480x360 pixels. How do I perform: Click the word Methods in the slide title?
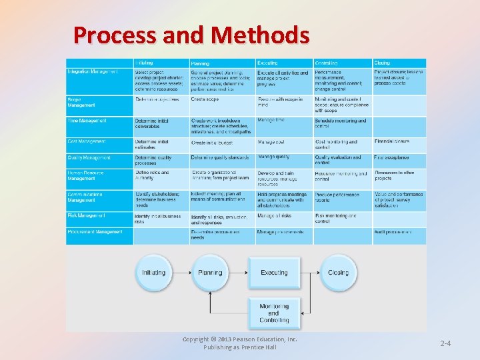(269, 35)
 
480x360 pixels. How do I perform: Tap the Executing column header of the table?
(268, 63)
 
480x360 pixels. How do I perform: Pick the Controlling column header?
(327, 63)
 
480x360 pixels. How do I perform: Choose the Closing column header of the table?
(382, 63)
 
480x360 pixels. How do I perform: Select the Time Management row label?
(87, 121)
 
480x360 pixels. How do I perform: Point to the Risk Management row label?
(87, 216)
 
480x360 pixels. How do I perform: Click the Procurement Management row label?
(95, 232)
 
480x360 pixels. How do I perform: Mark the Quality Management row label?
(89, 158)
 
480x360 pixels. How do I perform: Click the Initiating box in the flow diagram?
(153, 273)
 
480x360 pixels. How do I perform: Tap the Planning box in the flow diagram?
(210, 273)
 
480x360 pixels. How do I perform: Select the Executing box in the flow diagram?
(274, 273)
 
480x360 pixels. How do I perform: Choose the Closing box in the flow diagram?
(338, 273)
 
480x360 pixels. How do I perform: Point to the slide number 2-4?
(445, 343)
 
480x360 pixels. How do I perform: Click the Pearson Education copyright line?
(240, 340)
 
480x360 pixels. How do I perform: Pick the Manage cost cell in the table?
(271, 141)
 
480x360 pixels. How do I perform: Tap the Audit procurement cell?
(393, 232)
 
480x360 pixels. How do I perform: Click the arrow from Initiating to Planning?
(182, 273)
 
